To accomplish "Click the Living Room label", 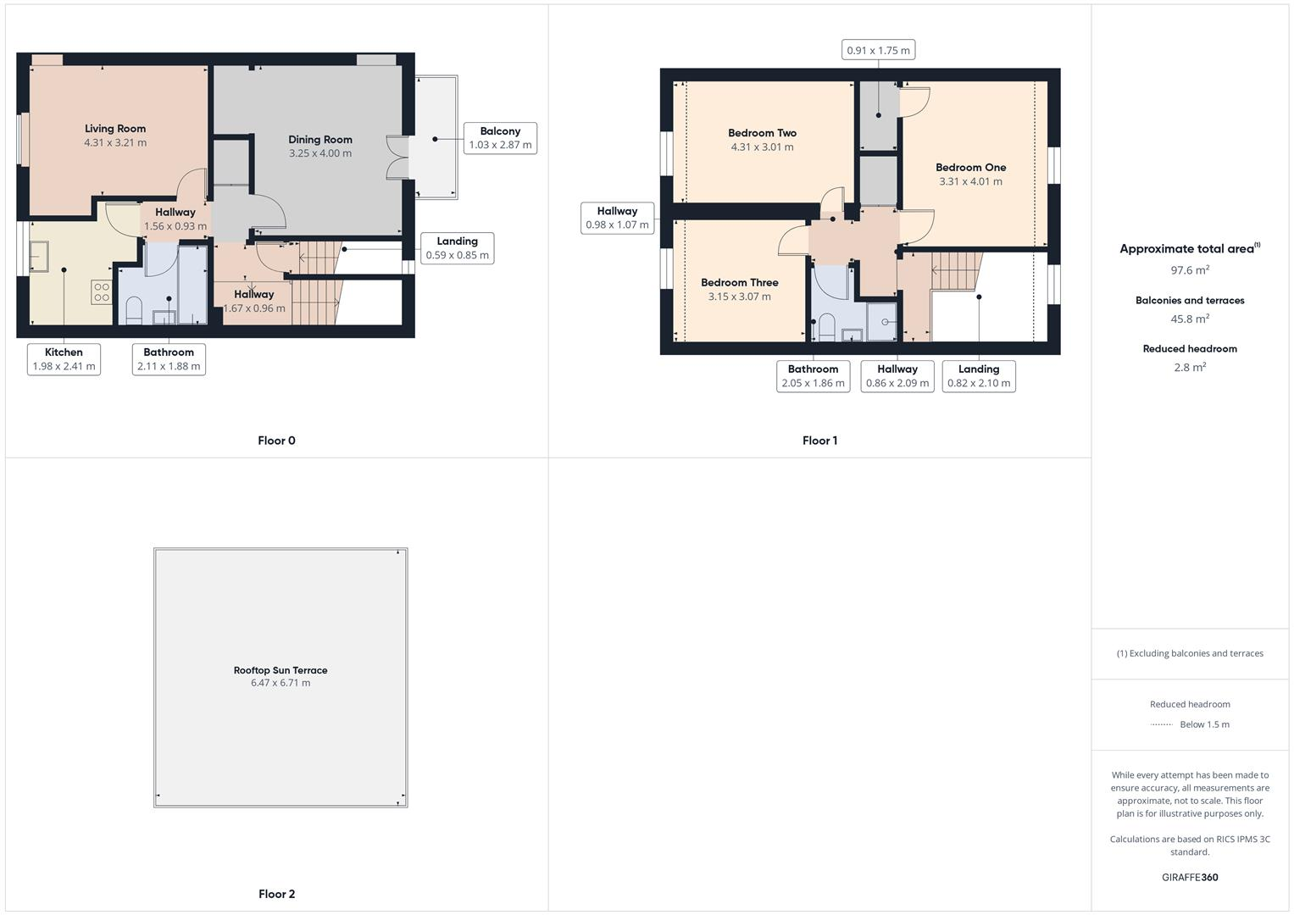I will click(x=115, y=129).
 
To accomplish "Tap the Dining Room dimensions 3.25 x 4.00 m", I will click(x=319, y=153).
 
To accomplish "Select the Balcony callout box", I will click(x=500, y=138).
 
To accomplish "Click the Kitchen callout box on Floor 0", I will click(x=64, y=359).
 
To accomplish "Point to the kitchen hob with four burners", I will click(x=102, y=292).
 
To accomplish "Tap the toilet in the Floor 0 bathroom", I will click(x=134, y=312).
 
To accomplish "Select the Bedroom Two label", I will click(x=762, y=133).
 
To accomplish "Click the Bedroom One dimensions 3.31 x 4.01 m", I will click(x=970, y=181).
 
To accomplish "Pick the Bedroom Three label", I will click(x=739, y=283).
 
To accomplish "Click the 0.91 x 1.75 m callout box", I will click(x=878, y=51).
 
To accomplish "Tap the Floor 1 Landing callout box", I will click(x=978, y=376).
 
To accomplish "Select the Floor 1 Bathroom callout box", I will click(x=813, y=376).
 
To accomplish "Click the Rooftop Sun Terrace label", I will click(x=280, y=670).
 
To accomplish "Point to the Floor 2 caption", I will click(x=277, y=894).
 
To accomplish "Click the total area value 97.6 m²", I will click(x=1190, y=270).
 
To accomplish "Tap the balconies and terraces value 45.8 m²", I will click(x=1190, y=319).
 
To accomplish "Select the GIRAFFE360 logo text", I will click(x=1190, y=878).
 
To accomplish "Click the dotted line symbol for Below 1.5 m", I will click(x=1161, y=724).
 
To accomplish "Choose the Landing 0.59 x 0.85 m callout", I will click(x=457, y=248).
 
